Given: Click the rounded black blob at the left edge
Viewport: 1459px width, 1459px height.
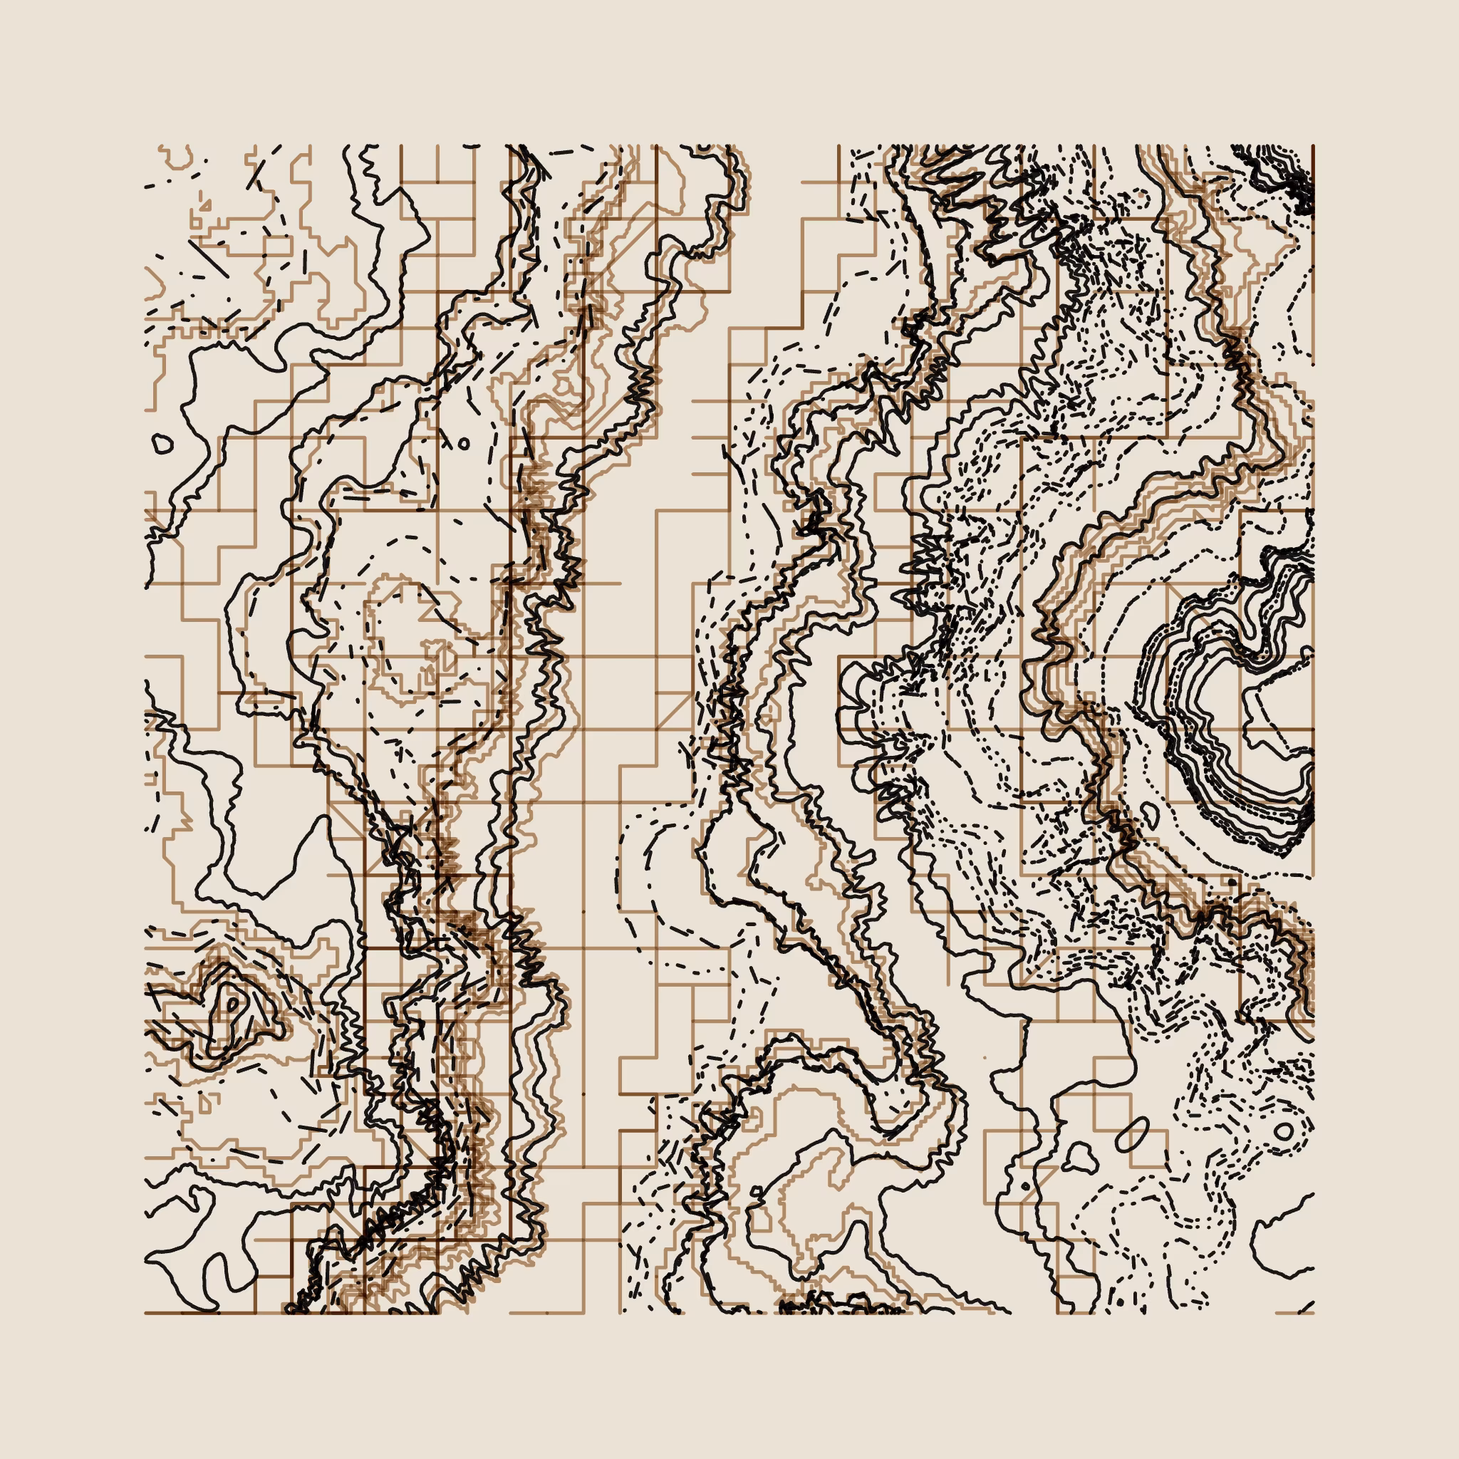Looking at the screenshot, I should tap(162, 443).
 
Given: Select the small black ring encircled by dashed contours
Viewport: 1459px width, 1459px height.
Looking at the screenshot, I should tap(1283, 1131).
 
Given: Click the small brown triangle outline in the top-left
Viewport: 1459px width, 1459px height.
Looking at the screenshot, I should tap(205, 204).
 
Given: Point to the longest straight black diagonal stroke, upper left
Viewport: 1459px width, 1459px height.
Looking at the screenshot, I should tap(209, 259).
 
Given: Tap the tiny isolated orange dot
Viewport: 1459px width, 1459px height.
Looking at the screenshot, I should tap(985, 1057).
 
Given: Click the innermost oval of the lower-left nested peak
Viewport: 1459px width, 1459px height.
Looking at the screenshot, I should tap(232, 1004).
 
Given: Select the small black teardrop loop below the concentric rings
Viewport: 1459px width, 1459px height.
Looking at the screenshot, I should tap(1149, 814).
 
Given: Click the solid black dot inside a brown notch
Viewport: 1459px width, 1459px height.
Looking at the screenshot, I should tap(1024, 1187).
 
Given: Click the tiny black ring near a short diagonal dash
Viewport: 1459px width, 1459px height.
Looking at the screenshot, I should tap(463, 444).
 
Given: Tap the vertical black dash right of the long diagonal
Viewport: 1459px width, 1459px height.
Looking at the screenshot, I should tap(305, 261).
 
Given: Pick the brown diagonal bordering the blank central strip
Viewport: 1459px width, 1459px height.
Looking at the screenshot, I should tap(674, 710).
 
